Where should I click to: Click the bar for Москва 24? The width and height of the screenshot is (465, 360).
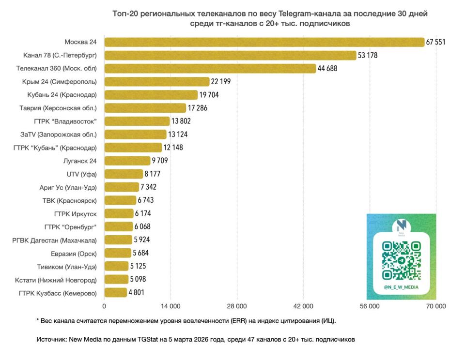(x=264, y=42)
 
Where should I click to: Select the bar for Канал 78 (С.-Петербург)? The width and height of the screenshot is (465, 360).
(x=230, y=55)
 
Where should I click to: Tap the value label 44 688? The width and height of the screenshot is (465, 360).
(x=327, y=68)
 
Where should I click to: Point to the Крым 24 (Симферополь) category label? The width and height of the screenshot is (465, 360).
(x=59, y=81)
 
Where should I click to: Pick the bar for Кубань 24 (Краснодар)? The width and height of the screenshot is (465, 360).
(x=151, y=95)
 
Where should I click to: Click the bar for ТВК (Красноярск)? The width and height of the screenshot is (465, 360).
(x=120, y=200)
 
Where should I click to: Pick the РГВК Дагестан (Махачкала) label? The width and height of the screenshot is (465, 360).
(x=55, y=240)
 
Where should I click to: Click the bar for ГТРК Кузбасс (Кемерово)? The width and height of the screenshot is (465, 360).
(x=116, y=292)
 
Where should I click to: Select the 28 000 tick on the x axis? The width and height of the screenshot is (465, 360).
(x=237, y=306)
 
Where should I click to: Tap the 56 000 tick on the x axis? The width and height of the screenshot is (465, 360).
(x=370, y=306)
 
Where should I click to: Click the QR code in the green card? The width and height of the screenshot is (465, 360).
(x=401, y=261)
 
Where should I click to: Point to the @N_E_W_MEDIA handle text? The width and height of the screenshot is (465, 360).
(x=401, y=287)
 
